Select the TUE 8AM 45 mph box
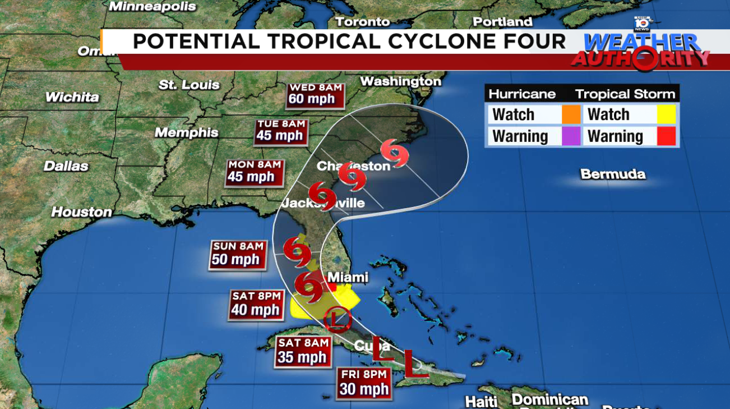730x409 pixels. tap(280, 131)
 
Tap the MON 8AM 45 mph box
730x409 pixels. tap(255, 172)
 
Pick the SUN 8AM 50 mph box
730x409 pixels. tap(237, 254)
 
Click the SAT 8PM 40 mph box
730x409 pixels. tap(256, 304)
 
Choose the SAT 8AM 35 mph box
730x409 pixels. tap(302, 351)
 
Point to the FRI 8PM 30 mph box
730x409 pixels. tap(363, 383)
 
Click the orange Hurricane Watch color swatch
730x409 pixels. tap(571, 114)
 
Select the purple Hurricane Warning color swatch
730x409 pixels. tap(571, 136)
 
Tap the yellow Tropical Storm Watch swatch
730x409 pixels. tap(667, 114)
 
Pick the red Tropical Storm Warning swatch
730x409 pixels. tap(667, 136)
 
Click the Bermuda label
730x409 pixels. tap(612, 174)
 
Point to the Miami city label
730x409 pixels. tap(348, 277)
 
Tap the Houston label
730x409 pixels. tap(82, 212)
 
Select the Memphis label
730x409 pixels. tap(187, 133)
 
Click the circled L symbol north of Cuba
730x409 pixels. tap(337, 320)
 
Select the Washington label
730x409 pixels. tap(400, 81)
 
